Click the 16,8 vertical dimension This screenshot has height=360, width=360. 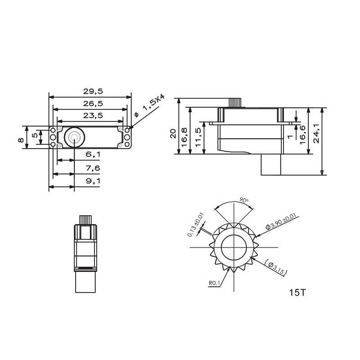pyautogui.click(x=185, y=135)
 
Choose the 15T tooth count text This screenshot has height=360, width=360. pyautogui.click(x=298, y=292)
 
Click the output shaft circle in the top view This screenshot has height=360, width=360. pyautogui.click(x=74, y=136)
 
